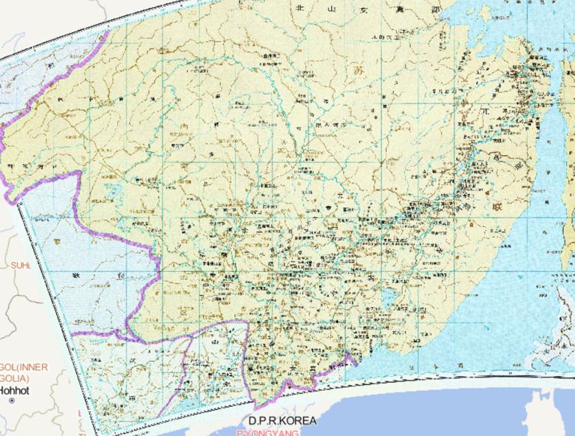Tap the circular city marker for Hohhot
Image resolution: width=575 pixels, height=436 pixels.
click(x=11, y=402)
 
